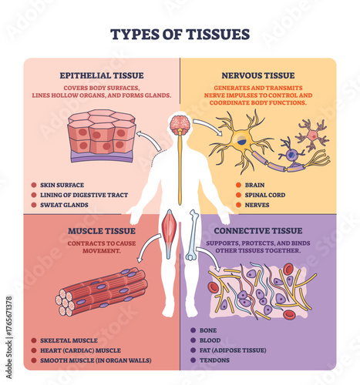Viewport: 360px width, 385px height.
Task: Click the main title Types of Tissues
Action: [180, 34]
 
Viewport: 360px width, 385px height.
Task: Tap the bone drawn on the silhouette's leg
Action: [192, 235]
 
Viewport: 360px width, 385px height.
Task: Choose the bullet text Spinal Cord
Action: [265, 196]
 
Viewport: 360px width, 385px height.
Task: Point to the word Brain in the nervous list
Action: [255, 186]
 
